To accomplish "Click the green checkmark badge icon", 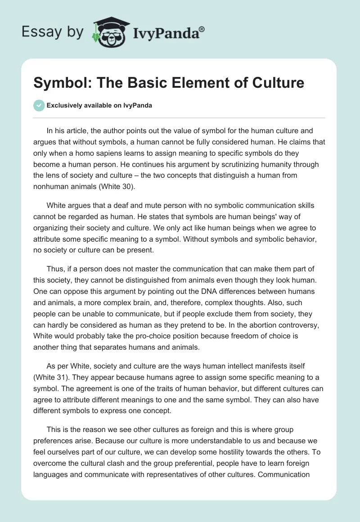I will click(x=39, y=105).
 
